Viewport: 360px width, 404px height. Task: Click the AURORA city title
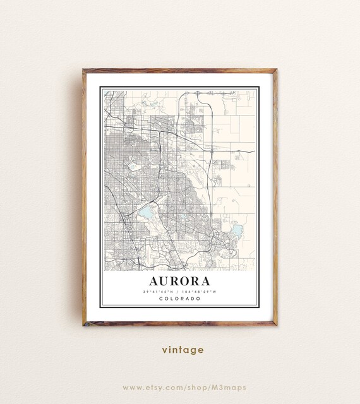coord(180,280)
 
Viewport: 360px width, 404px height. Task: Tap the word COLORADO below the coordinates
coord(180,299)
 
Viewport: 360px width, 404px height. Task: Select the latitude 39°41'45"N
coord(161,291)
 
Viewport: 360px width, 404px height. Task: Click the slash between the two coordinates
coord(180,291)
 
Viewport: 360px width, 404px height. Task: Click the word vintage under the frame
coord(182,350)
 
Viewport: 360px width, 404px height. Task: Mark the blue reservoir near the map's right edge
coord(237,230)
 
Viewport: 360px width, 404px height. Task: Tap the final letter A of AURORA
coord(206,280)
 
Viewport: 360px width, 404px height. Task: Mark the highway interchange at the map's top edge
coord(198,93)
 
